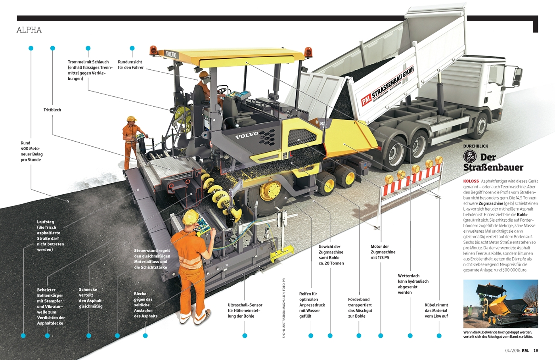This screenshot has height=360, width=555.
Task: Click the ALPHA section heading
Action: (29, 30)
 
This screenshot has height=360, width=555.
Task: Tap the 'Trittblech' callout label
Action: (52, 110)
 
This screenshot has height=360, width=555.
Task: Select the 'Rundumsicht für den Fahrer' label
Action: (130, 65)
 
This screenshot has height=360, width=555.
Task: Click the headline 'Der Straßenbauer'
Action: (493, 162)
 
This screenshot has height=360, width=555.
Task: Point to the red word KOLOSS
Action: (471, 181)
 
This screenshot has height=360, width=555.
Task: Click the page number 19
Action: (536, 350)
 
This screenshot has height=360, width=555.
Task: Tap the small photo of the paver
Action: (501, 304)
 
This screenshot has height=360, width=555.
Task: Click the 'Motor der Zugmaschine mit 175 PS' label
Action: (383, 252)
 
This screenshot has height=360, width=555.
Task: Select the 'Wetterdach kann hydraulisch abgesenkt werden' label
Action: (413, 284)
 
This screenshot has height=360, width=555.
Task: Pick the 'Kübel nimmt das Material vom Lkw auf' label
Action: (436, 310)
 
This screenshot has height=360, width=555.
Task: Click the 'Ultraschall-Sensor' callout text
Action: (245, 310)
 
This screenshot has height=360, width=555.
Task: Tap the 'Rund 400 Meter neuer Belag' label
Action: (32, 151)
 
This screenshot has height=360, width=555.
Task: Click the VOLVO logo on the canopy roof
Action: (171, 54)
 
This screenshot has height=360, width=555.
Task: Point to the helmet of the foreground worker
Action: (190, 216)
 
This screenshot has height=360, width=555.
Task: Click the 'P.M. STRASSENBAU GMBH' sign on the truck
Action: (387, 86)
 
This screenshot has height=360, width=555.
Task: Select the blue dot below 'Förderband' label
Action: (359, 336)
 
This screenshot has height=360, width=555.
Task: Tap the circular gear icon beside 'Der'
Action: (470, 157)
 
